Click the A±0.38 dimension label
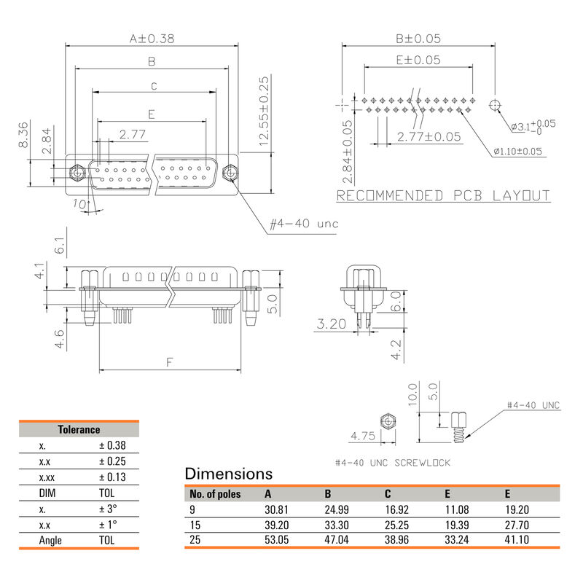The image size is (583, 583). [x=152, y=38]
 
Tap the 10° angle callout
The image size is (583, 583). [x=79, y=203]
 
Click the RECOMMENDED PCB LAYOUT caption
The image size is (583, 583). [x=443, y=195]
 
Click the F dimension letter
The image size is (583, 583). [x=169, y=361]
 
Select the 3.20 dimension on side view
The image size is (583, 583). [x=331, y=323]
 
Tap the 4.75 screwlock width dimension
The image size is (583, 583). [x=363, y=436]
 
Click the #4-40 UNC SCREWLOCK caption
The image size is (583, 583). [x=393, y=463]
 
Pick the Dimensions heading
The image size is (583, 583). [x=228, y=474]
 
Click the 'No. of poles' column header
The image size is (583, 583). [x=215, y=494]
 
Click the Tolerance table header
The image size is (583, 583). [x=79, y=429]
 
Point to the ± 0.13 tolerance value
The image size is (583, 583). [x=112, y=477]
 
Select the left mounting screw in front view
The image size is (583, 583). [x=76, y=174]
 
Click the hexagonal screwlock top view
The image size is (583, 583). [x=388, y=423]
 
